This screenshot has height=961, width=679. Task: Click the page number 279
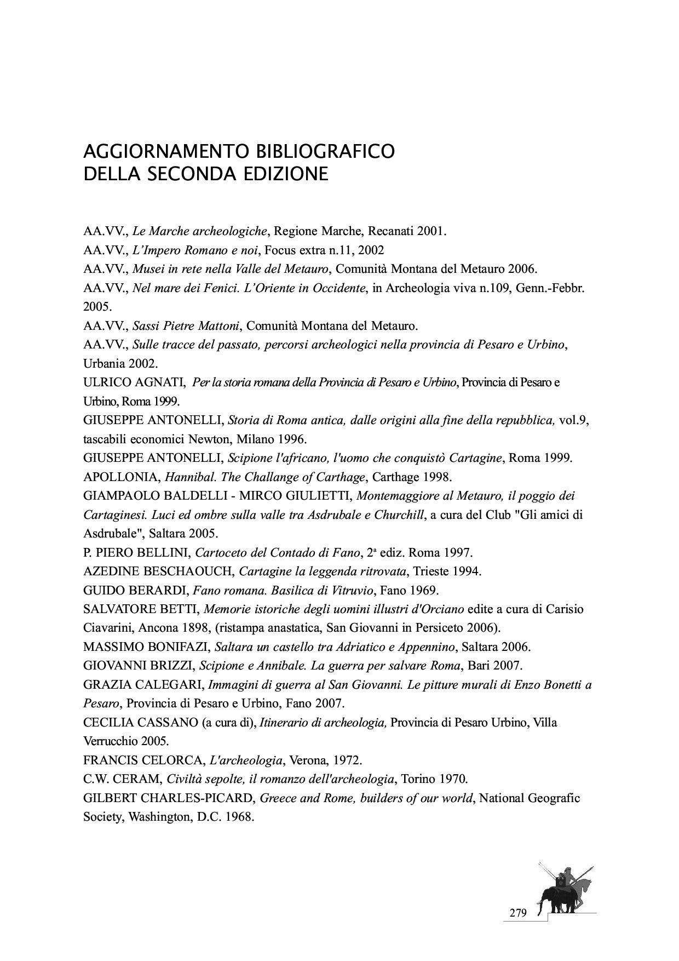517,913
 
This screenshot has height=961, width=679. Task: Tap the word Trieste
431,571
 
